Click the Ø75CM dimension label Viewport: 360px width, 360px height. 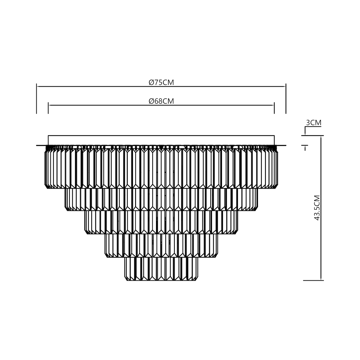161,82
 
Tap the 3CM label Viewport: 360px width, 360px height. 313,122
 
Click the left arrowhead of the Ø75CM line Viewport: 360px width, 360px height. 38,86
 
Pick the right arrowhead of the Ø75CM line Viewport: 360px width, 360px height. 285,86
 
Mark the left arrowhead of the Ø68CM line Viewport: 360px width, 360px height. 50,105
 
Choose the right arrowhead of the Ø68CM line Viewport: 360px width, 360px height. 273,105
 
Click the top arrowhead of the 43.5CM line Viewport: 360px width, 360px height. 321,137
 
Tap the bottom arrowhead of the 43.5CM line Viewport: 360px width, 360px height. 321,279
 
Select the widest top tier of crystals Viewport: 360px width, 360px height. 161,168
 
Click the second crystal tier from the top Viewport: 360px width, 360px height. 162,200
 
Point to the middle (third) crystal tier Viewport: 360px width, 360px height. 162,222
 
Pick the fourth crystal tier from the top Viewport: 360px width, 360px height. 162,245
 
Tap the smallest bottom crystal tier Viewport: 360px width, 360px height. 161,269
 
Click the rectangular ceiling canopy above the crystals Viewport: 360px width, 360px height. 161,140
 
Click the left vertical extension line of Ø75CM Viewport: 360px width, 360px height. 36,100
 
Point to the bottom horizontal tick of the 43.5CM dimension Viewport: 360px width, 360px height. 313,280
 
